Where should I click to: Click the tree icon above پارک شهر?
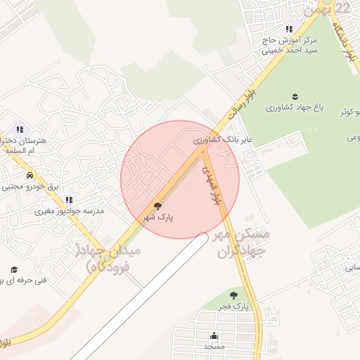tap(157, 206)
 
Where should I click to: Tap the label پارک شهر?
tap(159, 218)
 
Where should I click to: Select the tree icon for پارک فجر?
tap(234, 295)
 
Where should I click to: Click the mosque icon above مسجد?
tap(214, 335)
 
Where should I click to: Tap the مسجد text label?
tap(214, 347)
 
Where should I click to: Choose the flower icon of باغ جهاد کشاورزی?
tap(294, 96)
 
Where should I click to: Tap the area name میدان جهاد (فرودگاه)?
tap(112, 258)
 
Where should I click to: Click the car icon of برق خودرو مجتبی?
tap(30, 175)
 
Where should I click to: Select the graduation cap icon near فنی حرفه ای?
tap(14, 269)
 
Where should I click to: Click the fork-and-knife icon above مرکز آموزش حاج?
tap(288, 29)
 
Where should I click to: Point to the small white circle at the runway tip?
tap(202, 237)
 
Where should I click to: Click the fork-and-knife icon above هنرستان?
tap(20, 129)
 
